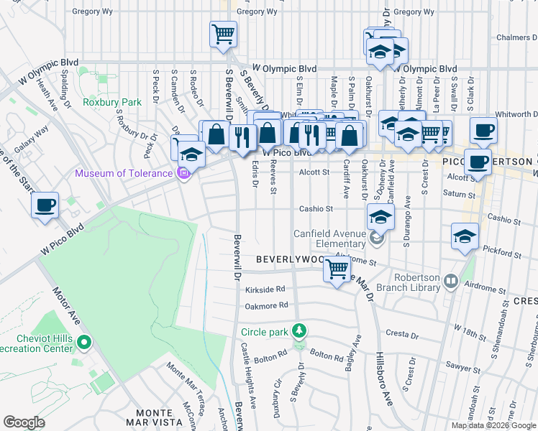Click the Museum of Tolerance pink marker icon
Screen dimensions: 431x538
(x=183, y=172)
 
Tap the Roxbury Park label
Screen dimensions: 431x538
(x=111, y=103)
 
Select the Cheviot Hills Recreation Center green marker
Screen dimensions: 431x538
(x=85, y=342)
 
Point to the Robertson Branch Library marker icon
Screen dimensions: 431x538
(x=451, y=281)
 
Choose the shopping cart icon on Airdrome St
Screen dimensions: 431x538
(x=337, y=271)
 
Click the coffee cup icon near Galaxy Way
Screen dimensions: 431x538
(x=45, y=205)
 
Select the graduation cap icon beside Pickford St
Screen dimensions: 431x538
(x=465, y=236)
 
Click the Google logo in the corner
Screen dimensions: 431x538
(x=24, y=422)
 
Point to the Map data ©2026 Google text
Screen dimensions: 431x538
(x=494, y=425)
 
